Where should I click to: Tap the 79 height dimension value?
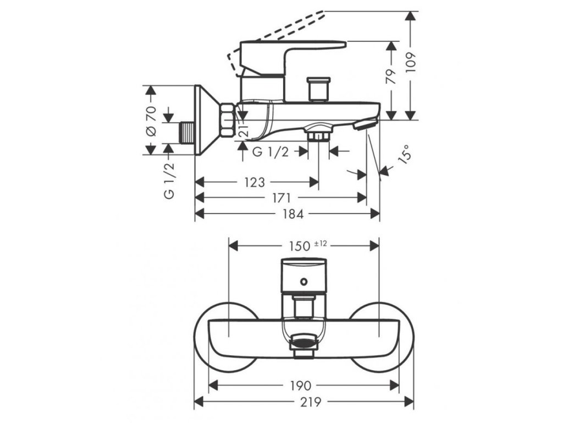point(391,76)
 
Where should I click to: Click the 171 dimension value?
point(282,198)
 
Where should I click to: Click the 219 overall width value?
point(304,402)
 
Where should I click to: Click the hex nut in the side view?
point(227,120)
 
